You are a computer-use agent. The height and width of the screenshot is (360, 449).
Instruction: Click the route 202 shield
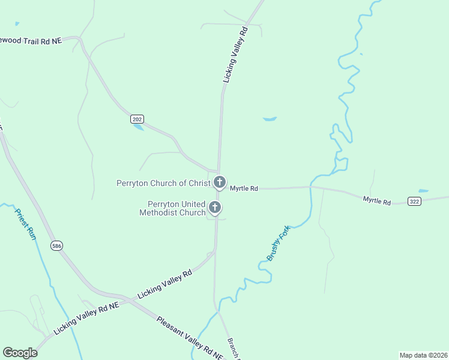[x=137, y=119]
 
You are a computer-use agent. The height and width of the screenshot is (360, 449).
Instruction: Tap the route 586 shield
[x=56, y=246]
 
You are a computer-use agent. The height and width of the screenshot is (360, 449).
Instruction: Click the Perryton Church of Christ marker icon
[x=220, y=182]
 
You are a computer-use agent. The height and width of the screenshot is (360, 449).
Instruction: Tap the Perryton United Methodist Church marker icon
[x=215, y=208]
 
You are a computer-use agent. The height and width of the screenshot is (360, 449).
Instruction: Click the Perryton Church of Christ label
[x=163, y=183]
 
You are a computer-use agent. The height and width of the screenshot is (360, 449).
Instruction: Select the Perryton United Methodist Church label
[x=172, y=208]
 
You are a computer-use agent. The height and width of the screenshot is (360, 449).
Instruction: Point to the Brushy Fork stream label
[x=279, y=243]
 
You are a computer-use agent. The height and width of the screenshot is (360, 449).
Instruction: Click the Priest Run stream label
[x=26, y=224]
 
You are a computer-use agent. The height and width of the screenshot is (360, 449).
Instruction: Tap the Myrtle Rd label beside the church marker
[x=244, y=188]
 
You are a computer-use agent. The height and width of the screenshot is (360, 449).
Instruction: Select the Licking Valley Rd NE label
[x=86, y=318]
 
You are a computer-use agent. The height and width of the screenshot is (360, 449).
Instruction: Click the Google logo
[x=20, y=352]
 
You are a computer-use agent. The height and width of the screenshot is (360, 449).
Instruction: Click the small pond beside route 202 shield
[x=138, y=127]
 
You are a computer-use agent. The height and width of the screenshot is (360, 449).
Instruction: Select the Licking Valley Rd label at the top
[x=235, y=54]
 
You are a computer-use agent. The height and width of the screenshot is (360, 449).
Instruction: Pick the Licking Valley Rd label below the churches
[x=165, y=284]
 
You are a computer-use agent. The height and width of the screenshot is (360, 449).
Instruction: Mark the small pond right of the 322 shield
[x=424, y=191]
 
